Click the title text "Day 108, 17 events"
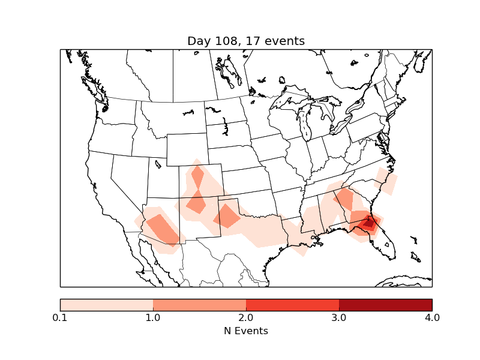(x=246, y=41)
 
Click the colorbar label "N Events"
(x=246, y=331)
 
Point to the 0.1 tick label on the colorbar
(x=60, y=317)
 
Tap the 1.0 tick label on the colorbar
(x=153, y=317)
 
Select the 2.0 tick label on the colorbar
(x=246, y=317)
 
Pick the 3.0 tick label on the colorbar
(x=339, y=317)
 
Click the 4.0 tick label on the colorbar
(x=432, y=317)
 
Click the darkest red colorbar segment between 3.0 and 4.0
(x=385, y=305)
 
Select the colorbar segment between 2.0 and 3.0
(x=292, y=305)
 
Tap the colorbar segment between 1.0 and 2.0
(x=199, y=305)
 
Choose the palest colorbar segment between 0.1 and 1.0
(x=106, y=305)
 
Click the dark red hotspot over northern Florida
(x=369, y=224)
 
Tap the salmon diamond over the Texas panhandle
(x=226, y=216)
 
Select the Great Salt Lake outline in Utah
(x=158, y=163)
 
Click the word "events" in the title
(x=284, y=41)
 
